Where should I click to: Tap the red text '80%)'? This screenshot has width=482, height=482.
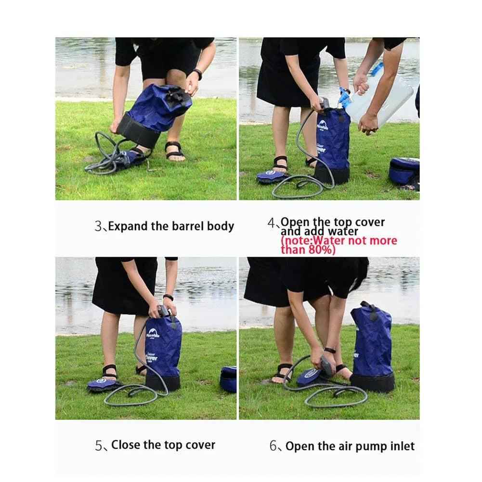(x=322, y=249)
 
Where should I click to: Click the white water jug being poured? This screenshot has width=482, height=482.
(x=380, y=102)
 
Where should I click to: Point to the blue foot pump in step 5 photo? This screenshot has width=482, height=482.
(x=105, y=384)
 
